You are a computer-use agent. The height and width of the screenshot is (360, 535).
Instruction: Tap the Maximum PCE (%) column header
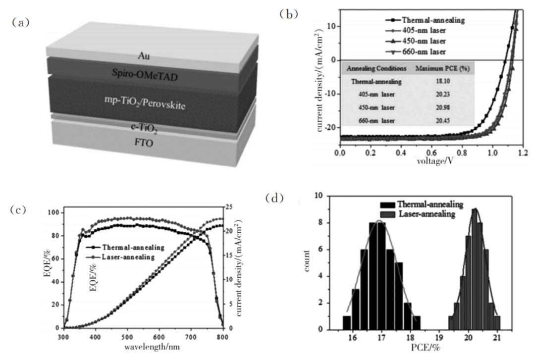[x=442, y=68]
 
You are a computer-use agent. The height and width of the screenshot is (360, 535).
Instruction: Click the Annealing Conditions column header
[x=377, y=68]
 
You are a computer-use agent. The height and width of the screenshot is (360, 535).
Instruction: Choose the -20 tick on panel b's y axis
[x=329, y=127]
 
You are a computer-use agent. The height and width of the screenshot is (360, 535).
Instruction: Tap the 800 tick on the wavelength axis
[x=222, y=336]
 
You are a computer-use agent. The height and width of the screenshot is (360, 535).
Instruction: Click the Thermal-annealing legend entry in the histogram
[x=430, y=204]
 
